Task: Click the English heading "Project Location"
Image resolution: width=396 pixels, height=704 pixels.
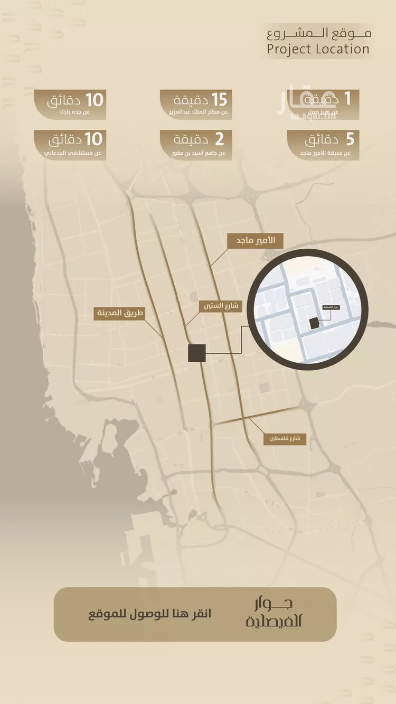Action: (x=318, y=50)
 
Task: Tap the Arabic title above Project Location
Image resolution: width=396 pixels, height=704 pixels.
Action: (x=319, y=33)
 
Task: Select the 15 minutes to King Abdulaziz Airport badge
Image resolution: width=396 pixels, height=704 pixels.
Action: (x=196, y=104)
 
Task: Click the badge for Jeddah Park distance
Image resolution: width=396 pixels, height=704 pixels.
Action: (x=70, y=104)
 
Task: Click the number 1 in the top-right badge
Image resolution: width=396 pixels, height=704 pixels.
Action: (x=347, y=99)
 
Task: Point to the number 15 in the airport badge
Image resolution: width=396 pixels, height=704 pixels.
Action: (x=219, y=99)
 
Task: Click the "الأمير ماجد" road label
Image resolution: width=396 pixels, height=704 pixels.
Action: (x=255, y=241)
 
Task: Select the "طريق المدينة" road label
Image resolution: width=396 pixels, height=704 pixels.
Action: (x=119, y=313)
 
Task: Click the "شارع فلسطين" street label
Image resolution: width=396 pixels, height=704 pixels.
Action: (x=285, y=438)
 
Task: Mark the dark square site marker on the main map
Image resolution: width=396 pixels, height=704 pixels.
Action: (x=197, y=353)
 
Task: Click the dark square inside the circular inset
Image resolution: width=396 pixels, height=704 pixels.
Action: (x=314, y=323)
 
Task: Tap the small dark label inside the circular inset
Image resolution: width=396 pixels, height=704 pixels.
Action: (x=333, y=307)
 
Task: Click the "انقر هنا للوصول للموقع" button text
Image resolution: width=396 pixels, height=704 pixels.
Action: (x=149, y=614)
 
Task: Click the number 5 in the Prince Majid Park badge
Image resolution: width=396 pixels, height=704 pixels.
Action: (x=350, y=140)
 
